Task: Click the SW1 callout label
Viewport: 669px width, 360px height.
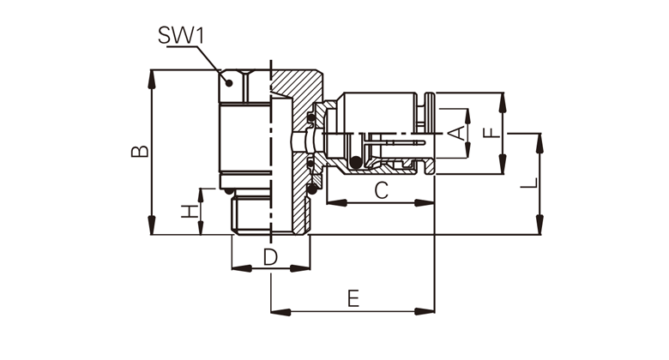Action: point(181,35)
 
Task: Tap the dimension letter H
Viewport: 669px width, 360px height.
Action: point(189,211)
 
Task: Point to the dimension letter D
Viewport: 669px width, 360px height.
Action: point(269,256)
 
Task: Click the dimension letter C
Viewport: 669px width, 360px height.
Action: point(382,190)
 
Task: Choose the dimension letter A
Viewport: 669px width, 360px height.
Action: point(457,133)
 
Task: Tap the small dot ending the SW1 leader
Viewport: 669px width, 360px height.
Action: point(229,82)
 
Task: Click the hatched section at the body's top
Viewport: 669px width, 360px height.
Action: point(296,86)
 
